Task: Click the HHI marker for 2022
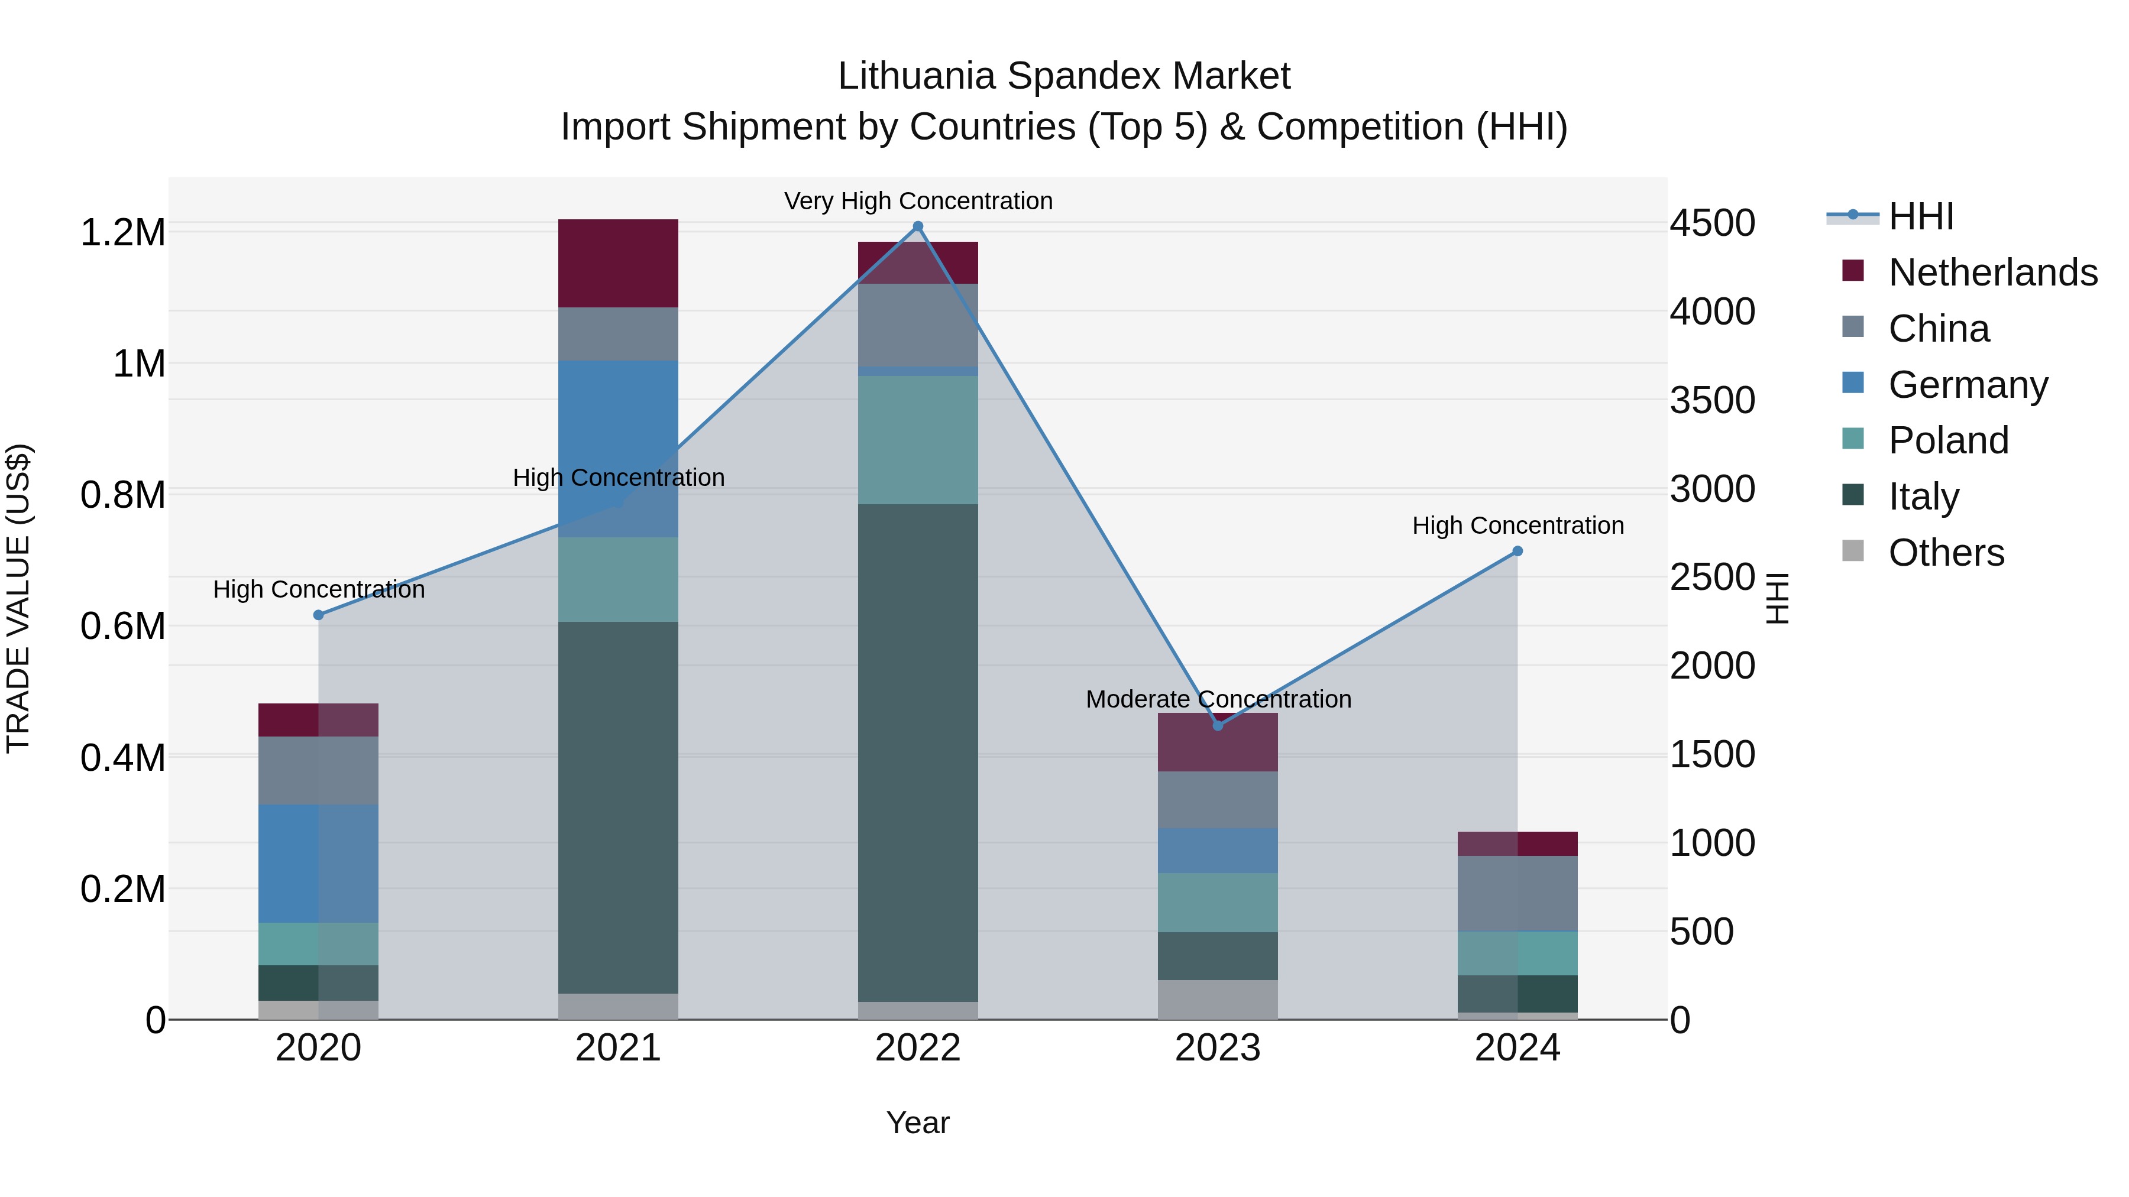click(x=917, y=226)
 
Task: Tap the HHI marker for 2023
click(x=1218, y=725)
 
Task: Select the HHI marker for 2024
click(x=1518, y=551)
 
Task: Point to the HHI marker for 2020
click(x=318, y=615)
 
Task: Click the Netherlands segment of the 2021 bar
click(x=618, y=262)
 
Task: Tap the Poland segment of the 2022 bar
click(x=917, y=439)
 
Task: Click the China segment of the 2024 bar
click(x=1518, y=893)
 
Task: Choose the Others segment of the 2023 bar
click(x=1218, y=999)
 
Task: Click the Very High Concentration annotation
click(x=917, y=201)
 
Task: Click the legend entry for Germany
click(x=1967, y=385)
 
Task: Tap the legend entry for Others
click(x=1946, y=553)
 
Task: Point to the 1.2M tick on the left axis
click(x=122, y=233)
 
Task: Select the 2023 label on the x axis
click(x=1218, y=1048)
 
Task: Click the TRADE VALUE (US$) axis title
click(x=18, y=598)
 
